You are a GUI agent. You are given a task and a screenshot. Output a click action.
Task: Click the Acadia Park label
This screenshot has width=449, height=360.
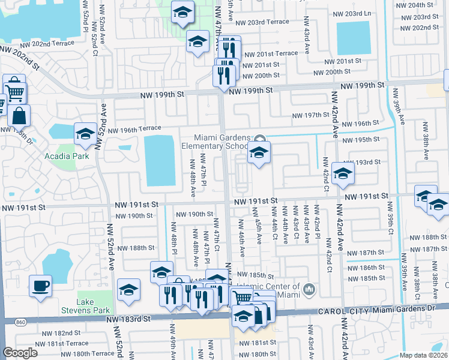(67, 156)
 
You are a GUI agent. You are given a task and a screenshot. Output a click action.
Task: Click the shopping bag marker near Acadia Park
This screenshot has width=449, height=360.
(19, 115)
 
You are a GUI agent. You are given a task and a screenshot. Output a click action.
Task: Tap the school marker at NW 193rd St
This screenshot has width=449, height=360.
(343, 173)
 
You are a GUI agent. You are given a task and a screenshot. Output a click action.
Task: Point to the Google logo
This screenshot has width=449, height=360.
(20, 353)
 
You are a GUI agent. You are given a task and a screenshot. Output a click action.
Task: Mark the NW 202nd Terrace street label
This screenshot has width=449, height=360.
(46, 44)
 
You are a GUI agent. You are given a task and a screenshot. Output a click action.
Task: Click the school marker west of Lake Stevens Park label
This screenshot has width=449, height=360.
(128, 290)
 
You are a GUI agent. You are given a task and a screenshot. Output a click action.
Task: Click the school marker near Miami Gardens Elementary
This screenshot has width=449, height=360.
(259, 153)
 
